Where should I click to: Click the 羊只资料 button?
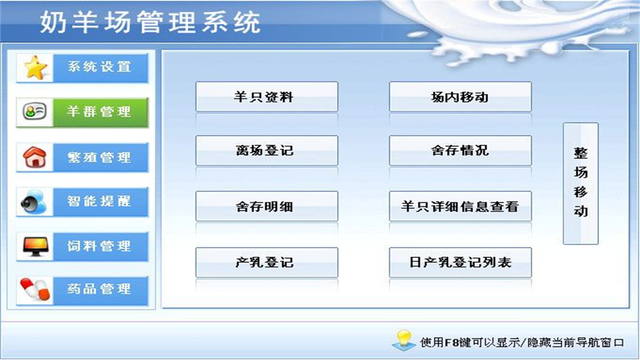[266, 97]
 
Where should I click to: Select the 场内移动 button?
[460, 97]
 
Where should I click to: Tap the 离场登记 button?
[266, 150]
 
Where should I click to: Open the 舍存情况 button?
[460, 150]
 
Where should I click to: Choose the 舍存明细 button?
[266, 206]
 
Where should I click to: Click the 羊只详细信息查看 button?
[460, 206]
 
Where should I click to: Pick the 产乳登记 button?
[266, 262]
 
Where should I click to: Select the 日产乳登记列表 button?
[460, 262]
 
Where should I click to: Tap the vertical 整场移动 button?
[580, 183]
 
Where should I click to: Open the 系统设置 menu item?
[100, 67]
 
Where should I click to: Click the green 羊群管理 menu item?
[100, 112]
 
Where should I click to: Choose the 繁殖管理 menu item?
[100, 157]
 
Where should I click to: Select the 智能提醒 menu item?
[100, 201]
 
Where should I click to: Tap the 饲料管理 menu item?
[100, 246]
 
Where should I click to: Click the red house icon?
[35, 157]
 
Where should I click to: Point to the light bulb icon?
[403, 339]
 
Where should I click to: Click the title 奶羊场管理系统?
[150, 22]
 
